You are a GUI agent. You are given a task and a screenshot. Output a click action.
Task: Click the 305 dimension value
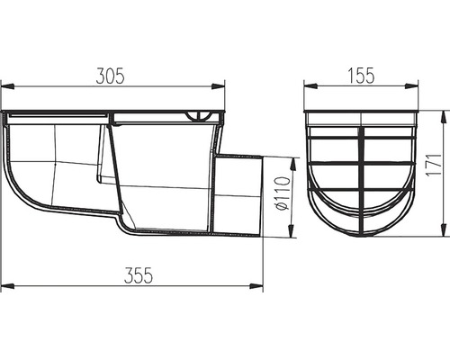110,76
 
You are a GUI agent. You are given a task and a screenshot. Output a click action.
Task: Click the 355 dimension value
139,275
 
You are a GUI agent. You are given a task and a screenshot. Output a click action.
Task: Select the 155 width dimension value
361,76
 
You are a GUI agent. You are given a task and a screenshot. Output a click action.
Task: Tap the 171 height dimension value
434,165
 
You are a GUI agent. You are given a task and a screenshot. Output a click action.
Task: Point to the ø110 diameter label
283,193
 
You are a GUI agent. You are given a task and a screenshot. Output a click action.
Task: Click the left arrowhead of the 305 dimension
7,86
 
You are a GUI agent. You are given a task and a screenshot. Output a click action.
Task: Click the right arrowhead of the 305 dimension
218,86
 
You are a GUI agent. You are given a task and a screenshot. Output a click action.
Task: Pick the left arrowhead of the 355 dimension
7,286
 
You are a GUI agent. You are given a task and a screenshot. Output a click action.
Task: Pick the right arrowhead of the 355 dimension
256,286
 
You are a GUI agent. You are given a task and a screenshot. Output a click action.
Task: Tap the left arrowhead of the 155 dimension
310,86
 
